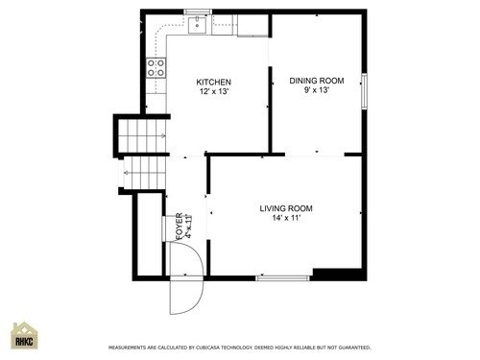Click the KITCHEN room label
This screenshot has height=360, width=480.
point(213,82)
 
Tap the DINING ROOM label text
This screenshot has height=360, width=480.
point(316,81)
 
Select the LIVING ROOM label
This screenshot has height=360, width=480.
point(285,208)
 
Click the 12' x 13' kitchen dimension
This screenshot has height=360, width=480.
point(213,92)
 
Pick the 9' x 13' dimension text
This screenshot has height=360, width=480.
point(316,91)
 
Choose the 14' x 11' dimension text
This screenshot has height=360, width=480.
point(285,219)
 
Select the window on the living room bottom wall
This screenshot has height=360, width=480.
point(282,278)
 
